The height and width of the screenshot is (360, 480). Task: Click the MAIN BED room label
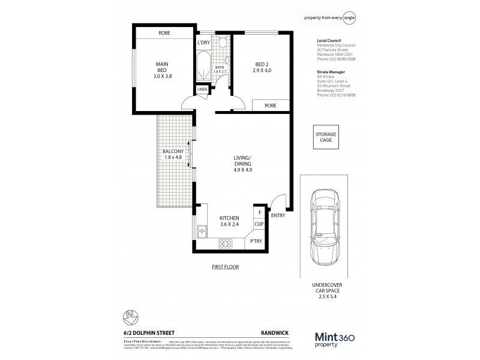(161, 70)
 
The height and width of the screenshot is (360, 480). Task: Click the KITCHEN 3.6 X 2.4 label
(229, 221)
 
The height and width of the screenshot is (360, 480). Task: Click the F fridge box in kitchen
(259, 212)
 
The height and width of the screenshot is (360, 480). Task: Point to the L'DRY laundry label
(203, 43)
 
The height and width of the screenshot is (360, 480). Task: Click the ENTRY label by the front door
(278, 215)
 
